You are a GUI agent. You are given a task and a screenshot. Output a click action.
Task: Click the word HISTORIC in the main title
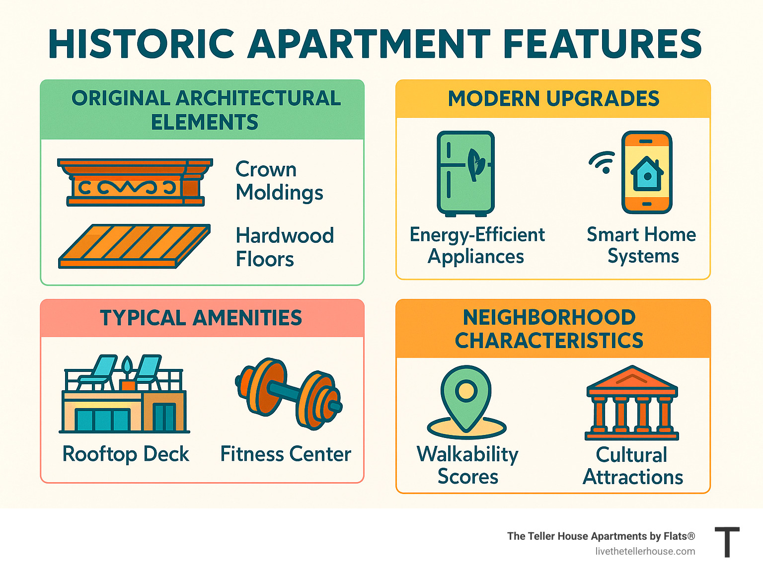141,44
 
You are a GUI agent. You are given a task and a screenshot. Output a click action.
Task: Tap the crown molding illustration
135,182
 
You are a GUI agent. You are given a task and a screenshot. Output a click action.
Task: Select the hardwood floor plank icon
135,246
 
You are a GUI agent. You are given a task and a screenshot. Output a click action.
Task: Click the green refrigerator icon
465,173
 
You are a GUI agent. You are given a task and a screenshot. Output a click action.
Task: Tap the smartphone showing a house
647,172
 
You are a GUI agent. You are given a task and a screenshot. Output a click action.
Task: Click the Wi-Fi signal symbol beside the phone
603,162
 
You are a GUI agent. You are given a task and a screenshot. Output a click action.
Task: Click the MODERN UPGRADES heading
553,99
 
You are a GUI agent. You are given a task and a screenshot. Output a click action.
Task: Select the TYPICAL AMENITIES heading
201,318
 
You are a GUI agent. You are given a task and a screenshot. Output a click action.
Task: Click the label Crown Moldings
279,181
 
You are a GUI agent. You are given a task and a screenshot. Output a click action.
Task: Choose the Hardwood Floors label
285,247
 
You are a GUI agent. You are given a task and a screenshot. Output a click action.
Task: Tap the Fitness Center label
286,454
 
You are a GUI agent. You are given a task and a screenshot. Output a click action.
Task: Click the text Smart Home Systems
642,245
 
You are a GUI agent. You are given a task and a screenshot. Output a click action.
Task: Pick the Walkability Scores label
467,465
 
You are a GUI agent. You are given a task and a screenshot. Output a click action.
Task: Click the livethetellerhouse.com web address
645,551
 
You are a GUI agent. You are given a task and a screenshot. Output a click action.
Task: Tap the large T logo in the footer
727,542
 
